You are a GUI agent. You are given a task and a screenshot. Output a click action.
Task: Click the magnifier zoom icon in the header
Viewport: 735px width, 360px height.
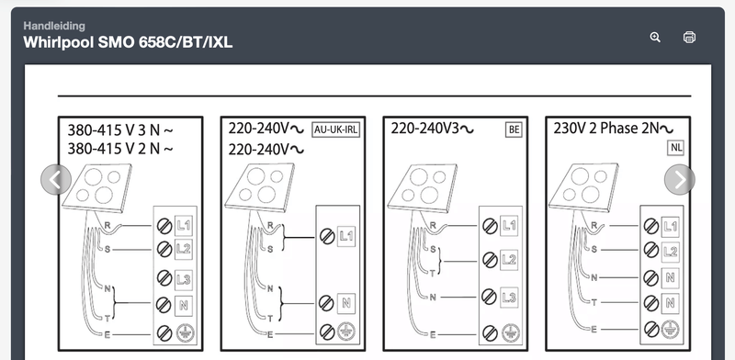(x=655, y=38)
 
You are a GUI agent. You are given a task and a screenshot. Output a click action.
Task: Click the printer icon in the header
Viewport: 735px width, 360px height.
(x=690, y=37)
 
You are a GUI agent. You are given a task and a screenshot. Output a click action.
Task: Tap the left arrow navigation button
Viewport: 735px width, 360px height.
(x=56, y=179)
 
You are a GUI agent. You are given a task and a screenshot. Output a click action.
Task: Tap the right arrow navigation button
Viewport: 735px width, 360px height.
(x=680, y=179)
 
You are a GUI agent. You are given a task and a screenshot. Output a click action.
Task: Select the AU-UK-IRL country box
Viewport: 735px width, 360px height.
(x=335, y=129)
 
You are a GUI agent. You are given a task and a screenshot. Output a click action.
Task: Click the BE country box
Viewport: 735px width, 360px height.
(x=514, y=129)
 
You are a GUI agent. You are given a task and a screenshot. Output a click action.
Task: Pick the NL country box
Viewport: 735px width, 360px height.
(x=676, y=148)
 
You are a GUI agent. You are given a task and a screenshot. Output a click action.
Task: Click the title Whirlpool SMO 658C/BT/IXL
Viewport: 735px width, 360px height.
(x=128, y=42)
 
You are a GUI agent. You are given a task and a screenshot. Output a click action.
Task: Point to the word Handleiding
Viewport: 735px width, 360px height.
(x=54, y=26)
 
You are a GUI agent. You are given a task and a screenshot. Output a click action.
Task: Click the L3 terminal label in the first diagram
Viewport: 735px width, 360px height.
(x=184, y=280)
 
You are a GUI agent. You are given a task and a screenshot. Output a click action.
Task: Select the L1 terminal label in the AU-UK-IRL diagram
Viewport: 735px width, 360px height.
(x=346, y=237)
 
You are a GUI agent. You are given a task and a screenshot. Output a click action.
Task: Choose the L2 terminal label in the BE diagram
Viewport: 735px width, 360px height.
(x=509, y=260)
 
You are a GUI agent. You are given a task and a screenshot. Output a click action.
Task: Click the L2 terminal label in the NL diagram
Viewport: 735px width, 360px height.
(x=671, y=252)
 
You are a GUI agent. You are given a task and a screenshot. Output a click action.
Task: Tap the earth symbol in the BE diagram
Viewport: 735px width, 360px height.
(x=510, y=332)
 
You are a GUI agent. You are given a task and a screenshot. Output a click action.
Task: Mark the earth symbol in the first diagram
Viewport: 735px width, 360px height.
(x=186, y=333)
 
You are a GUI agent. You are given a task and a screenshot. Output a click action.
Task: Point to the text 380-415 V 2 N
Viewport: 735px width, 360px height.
(x=120, y=149)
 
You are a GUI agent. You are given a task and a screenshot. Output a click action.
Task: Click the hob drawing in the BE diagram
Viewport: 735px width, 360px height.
(x=422, y=187)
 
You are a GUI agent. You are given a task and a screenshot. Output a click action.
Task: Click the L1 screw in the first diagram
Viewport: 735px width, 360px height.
(x=164, y=226)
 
